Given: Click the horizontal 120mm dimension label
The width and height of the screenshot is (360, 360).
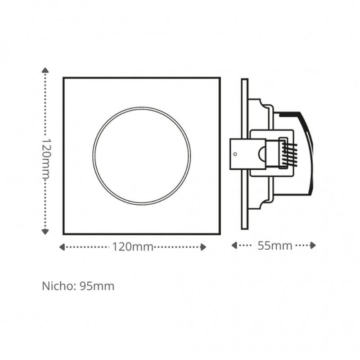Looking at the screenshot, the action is point(133,247).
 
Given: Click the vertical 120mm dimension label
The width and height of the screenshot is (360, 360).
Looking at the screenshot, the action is point(46,158).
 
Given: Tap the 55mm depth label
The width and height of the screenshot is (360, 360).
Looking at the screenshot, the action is point(275,246).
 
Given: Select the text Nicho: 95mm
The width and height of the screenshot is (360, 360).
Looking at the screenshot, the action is point(78,286).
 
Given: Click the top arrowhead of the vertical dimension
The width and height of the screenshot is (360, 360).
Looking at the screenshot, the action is point(45,70).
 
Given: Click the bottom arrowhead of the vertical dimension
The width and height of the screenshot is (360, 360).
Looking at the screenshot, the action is point(45,232).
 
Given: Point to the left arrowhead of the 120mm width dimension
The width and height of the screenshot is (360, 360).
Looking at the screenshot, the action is point(62,247).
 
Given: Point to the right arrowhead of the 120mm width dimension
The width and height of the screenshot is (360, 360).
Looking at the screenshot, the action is point(203,247).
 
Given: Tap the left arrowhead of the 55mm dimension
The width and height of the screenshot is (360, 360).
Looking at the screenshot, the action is point(234,245).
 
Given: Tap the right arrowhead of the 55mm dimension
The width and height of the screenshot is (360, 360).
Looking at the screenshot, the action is point(313,245).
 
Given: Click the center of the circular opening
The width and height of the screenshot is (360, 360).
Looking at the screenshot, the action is point(142,156).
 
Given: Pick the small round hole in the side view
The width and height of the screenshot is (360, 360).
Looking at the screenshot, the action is point(235,154).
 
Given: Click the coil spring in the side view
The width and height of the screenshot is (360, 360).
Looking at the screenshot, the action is point(289,154).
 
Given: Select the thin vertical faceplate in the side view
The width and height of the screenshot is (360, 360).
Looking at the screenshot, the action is point(245,154).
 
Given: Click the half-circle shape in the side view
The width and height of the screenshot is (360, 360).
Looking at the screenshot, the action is point(262,154).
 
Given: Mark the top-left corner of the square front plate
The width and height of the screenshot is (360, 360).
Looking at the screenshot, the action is point(63,78).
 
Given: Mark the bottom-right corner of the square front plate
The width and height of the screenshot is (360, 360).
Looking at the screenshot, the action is point(220,234).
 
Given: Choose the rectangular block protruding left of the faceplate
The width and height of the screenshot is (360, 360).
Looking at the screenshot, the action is point(248,154).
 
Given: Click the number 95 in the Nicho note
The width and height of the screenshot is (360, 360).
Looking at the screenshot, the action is point(85,286).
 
